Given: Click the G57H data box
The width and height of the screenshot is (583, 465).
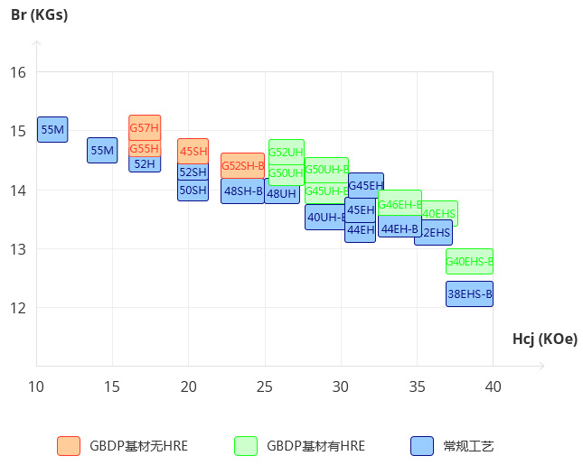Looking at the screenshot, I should pos(145,126).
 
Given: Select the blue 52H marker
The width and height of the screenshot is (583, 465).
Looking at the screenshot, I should pos(145,164).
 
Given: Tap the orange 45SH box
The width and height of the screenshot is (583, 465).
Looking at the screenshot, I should pos(193,151).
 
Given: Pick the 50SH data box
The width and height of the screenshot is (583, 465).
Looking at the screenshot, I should pos(193,190).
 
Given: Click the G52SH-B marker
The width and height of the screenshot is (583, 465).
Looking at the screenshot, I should pos(243,165).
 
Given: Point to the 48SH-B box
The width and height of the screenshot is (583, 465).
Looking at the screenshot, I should pos(243,191).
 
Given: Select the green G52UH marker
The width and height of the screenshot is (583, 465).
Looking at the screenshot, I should pos(287,152).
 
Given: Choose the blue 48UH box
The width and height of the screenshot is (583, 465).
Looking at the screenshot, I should pos(281,193).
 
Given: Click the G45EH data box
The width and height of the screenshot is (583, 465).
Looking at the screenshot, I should pos(366,185).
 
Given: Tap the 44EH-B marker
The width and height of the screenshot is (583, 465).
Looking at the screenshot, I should pos(400,228).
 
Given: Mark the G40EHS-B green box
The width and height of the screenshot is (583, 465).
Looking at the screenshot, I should pos(469,261).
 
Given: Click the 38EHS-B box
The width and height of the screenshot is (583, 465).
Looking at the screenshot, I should pos(469,293).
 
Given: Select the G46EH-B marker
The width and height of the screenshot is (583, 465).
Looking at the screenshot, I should pos(400,204).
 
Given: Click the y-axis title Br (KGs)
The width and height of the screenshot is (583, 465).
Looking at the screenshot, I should pos(39,14).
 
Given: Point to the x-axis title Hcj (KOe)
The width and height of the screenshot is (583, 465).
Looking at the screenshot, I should pos(544,339).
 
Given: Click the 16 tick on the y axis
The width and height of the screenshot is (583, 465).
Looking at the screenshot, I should pos(18,72).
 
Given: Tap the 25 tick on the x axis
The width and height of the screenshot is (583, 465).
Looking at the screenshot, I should pos(265,387).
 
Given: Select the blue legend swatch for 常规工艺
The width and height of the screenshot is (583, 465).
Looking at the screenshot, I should pos(422,446).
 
